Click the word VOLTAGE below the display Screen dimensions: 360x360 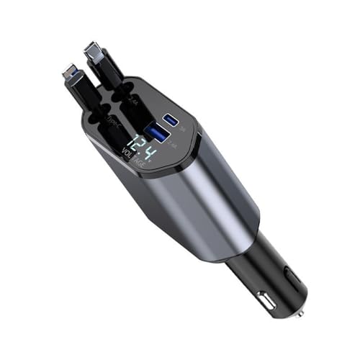coord(134,163)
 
